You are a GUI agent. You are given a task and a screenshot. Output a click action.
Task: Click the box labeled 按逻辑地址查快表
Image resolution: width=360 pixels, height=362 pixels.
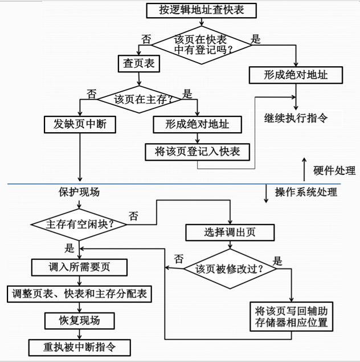coord(201,10)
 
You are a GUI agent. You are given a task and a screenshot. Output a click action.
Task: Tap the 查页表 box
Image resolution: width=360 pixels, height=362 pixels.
coord(138,64)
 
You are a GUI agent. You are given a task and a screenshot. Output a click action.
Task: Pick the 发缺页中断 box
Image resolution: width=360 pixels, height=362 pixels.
coord(80,124)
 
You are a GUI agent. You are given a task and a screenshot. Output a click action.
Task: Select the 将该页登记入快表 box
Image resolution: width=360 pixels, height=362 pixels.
coord(197,151)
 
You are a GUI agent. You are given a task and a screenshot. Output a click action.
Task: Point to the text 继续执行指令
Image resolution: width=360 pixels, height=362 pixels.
coord(296,119)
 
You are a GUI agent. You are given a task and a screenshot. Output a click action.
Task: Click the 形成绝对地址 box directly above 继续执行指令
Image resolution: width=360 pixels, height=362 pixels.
coord(295,75)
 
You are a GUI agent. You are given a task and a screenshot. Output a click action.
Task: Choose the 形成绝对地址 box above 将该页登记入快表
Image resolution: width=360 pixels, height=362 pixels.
coord(197,124)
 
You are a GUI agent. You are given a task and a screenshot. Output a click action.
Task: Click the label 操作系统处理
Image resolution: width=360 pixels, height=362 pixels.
coord(306,192)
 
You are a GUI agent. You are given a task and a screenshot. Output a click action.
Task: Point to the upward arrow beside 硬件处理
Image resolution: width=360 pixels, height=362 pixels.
coord(304,166)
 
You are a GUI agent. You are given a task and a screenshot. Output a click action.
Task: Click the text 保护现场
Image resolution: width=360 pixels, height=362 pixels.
coord(79,192)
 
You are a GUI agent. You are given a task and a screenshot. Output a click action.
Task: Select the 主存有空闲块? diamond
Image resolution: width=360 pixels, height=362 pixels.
coord(79,223)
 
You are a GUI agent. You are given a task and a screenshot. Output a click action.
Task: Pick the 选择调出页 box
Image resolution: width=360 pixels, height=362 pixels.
coord(230,232)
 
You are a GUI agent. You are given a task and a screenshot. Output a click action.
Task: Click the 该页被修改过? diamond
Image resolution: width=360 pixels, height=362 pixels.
coord(230,268)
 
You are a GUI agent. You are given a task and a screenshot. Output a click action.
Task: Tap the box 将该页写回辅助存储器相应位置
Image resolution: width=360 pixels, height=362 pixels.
coord(292,316)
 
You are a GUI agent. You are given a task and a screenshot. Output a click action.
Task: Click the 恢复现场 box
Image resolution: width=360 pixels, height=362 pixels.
coord(79,320)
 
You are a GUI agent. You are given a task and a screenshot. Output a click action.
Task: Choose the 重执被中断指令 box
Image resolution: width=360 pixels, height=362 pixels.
coord(79,347)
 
